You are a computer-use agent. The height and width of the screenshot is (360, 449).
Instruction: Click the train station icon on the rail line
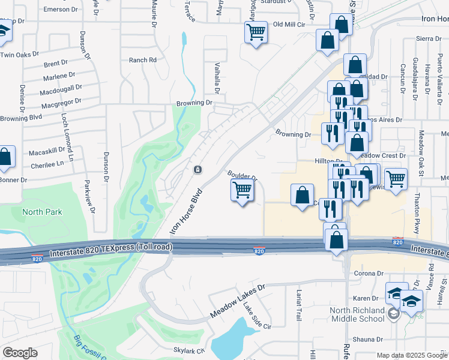point(196,170)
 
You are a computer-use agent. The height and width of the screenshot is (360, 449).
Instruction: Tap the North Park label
point(42,212)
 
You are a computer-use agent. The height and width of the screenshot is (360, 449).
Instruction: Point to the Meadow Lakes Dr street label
point(237,302)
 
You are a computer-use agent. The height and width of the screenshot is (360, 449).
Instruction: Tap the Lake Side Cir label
point(258,317)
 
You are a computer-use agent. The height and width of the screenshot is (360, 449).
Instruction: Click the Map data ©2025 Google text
point(412,355)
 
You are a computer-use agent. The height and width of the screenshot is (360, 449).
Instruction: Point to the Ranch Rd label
point(142,60)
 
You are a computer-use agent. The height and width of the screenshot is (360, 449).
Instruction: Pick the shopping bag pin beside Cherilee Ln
point(5,158)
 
